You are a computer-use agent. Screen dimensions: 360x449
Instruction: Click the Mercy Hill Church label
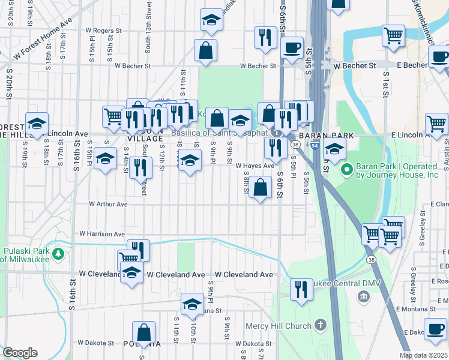[x=279, y=326]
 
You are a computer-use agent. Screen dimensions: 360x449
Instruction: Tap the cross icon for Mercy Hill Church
[x=321, y=326]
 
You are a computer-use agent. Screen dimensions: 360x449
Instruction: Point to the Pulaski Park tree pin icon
[x=58, y=254]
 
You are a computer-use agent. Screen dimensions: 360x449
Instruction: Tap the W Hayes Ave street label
[x=255, y=166]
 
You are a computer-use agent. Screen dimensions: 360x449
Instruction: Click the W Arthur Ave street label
[x=108, y=204]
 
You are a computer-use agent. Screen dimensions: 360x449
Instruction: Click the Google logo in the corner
[x=20, y=353]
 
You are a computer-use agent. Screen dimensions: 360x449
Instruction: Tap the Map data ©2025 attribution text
[x=423, y=355]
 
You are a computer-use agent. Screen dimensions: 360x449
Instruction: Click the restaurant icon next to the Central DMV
[x=301, y=289]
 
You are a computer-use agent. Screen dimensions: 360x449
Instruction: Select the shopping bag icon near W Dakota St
[x=144, y=332]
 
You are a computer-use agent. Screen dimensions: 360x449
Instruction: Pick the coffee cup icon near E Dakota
[x=435, y=328]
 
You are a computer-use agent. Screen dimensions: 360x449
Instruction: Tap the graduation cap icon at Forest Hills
[x=37, y=124]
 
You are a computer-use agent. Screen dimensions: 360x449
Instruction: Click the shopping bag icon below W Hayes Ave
[x=261, y=187]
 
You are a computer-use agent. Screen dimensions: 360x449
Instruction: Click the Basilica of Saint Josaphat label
[x=220, y=133]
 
